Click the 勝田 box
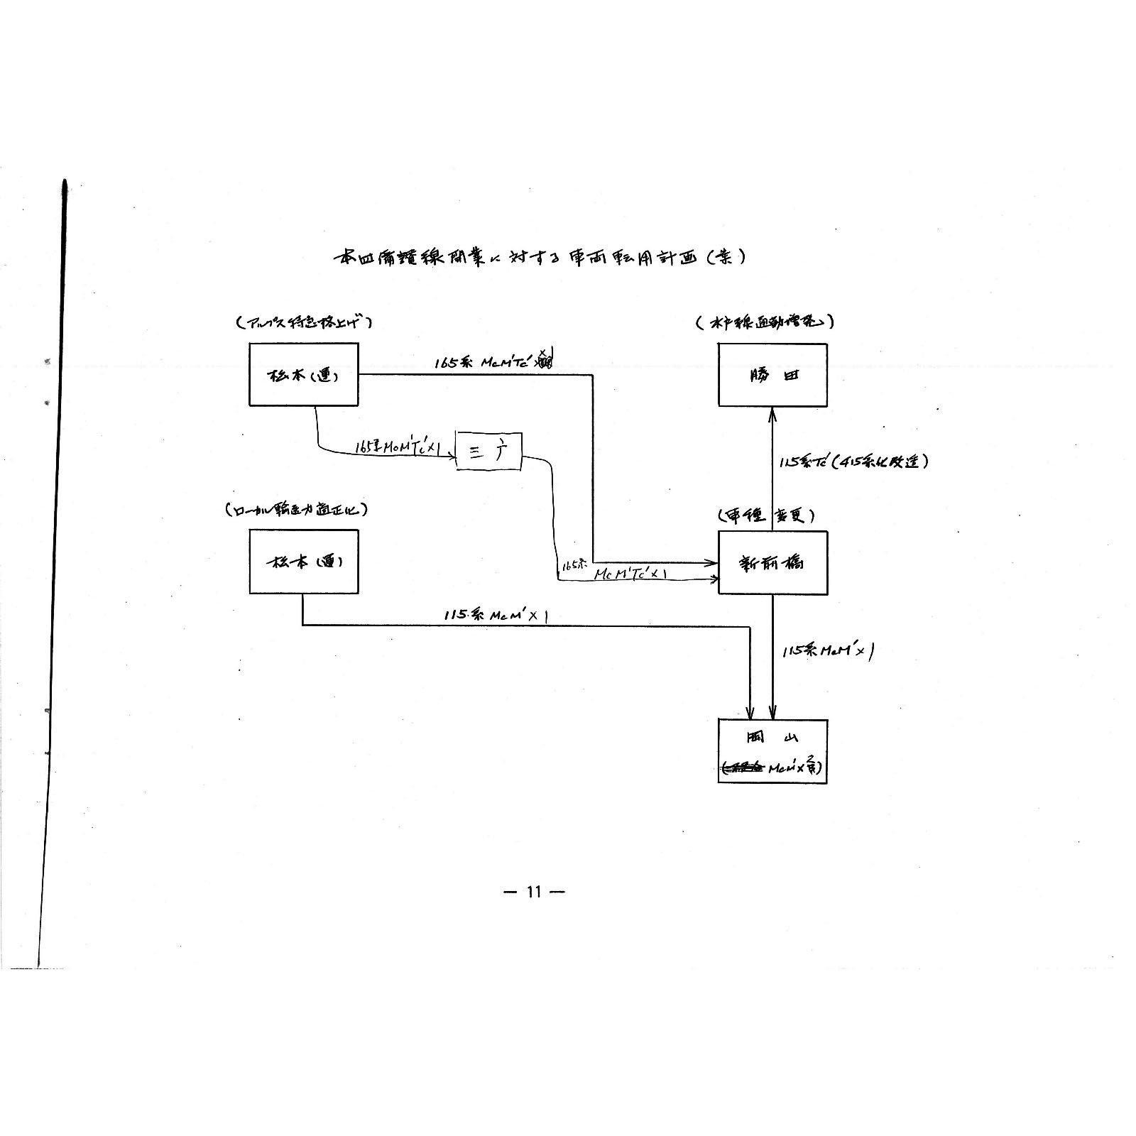click(772, 375)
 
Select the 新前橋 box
click(772, 563)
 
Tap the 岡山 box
click(772, 750)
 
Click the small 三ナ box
click(488, 451)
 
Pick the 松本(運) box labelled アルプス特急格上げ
click(303, 374)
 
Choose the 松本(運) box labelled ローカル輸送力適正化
click(303, 562)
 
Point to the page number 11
click(534, 892)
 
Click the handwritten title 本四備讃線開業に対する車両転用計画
click(540, 257)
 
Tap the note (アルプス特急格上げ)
click(304, 322)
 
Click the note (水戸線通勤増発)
click(765, 322)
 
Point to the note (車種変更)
click(765, 516)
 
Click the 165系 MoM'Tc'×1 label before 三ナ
click(398, 447)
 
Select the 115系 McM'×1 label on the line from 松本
click(496, 615)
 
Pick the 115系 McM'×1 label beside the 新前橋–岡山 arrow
click(826, 650)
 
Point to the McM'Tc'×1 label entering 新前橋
click(630, 573)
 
